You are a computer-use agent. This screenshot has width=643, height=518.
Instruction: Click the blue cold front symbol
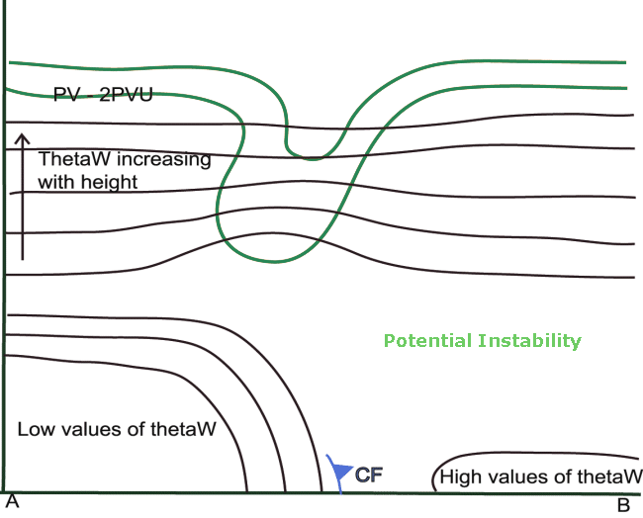338,473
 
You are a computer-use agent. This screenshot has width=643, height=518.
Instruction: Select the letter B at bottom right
623,505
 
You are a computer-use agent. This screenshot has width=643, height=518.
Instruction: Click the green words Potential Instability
482,341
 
